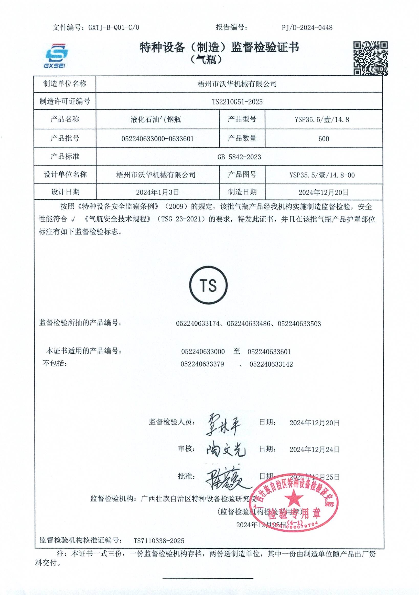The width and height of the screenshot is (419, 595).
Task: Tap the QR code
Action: tap(370, 58)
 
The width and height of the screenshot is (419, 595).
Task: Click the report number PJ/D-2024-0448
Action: tap(307, 27)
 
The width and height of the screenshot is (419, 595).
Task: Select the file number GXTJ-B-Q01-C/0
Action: tap(114, 27)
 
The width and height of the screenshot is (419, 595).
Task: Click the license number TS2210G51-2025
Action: tap(237, 102)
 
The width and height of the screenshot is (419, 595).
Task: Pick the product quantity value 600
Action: tap(324, 139)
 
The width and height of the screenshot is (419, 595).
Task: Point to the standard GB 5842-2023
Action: tap(239, 157)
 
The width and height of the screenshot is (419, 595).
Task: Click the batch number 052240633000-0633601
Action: tap(157, 139)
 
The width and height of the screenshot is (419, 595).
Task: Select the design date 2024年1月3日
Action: tap(157, 192)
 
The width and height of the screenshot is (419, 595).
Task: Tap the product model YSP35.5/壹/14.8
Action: tap(322, 120)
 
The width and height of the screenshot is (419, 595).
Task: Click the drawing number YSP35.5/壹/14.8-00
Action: tap(322, 175)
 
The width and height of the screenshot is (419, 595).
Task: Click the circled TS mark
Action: tap(208, 285)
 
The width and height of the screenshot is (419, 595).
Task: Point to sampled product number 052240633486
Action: tap(249, 324)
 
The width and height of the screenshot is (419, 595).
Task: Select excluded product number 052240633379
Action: tap(202, 364)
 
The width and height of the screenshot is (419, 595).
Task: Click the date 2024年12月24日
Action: tap(315, 450)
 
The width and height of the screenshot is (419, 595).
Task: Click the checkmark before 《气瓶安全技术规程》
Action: tap(73, 220)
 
